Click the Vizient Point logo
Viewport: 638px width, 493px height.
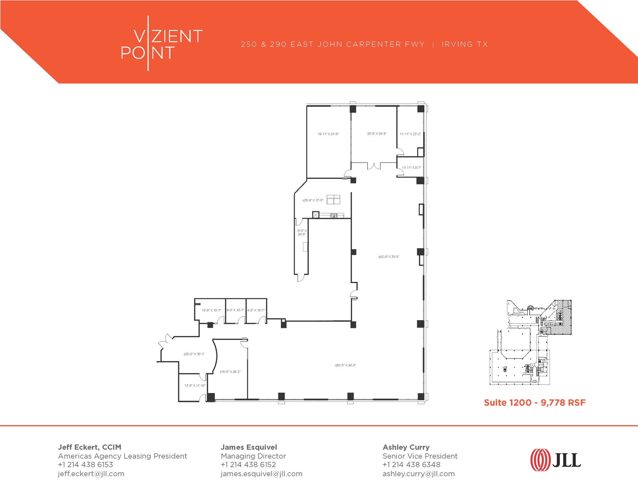click(x=161, y=44)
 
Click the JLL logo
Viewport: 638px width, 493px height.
click(x=555, y=460)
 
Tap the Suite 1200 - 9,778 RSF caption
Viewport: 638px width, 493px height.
click(x=535, y=403)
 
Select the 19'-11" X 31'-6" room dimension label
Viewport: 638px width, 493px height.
click(x=328, y=134)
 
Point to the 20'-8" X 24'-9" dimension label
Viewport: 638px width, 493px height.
click(x=377, y=134)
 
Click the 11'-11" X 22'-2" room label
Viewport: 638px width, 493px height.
click(x=410, y=134)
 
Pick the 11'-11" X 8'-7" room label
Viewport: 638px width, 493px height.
click(x=411, y=168)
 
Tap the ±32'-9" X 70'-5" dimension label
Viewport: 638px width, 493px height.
click(x=388, y=257)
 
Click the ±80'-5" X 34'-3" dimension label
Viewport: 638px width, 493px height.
click(x=345, y=365)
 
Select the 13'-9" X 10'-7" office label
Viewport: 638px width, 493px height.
click(x=211, y=310)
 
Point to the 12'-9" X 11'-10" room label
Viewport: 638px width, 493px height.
click(x=195, y=386)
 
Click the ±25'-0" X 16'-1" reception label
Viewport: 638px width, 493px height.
click(x=194, y=354)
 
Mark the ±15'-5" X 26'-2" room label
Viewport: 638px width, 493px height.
click(x=230, y=372)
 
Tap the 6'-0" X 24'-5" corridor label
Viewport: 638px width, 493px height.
click(x=302, y=232)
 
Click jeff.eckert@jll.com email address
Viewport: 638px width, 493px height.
click(x=91, y=474)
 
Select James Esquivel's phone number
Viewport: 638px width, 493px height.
click(x=248, y=465)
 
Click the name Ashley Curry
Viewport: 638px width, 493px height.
click(x=406, y=447)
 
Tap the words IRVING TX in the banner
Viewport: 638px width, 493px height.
click(x=464, y=44)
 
